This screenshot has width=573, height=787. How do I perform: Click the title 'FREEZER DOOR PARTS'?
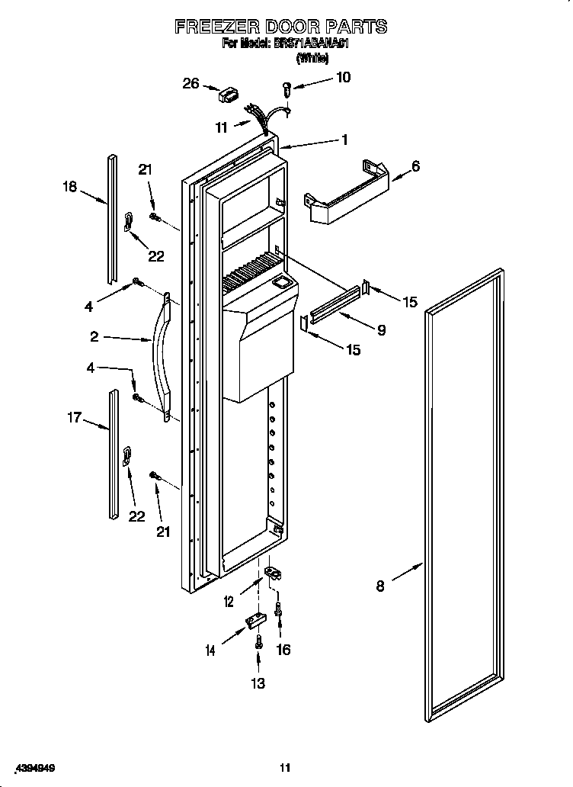click(281, 27)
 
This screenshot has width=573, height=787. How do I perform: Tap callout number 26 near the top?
click(190, 83)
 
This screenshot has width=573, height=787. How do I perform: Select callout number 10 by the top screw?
click(344, 77)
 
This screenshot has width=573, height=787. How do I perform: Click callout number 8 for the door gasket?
click(380, 586)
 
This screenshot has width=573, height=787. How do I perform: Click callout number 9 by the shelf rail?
click(381, 329)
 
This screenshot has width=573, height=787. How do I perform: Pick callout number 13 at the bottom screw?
click(258, 683)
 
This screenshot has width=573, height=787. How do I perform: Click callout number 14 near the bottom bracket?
click(210, 650)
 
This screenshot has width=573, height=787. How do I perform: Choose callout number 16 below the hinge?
click(283, 650)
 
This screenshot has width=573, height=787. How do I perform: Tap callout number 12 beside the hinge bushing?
click(229, 602)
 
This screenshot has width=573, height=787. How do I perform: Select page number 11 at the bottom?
click(285, 768)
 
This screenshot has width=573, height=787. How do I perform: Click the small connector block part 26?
click(228, 95)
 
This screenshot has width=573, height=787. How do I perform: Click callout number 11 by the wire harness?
click(221, 128)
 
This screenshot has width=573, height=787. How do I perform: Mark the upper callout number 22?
click(155, 256)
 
